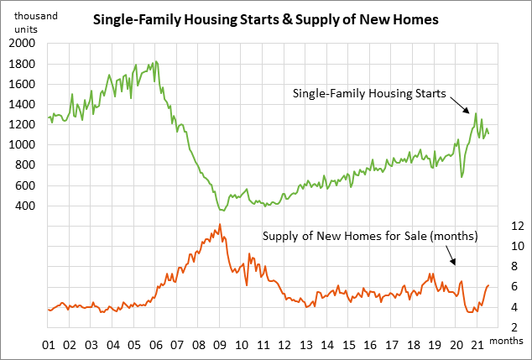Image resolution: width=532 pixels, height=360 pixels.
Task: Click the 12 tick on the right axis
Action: click(x=495, y=226)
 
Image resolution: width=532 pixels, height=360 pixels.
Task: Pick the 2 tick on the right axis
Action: click(x=498, y=328)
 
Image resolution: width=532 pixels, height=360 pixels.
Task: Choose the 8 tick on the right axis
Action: click(x=498, y=267)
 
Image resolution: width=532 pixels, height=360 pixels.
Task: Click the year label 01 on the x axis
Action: click(x=48, y=344)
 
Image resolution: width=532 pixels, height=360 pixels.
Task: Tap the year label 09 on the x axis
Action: click(x=220, y=344)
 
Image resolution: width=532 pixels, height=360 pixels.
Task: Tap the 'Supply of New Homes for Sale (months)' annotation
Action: click(x=370, y=236)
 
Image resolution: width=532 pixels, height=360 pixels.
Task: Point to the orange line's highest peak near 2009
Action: click(x=220, y=225)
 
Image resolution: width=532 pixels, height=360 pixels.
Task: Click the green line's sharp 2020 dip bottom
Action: click(x=462, y=177)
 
